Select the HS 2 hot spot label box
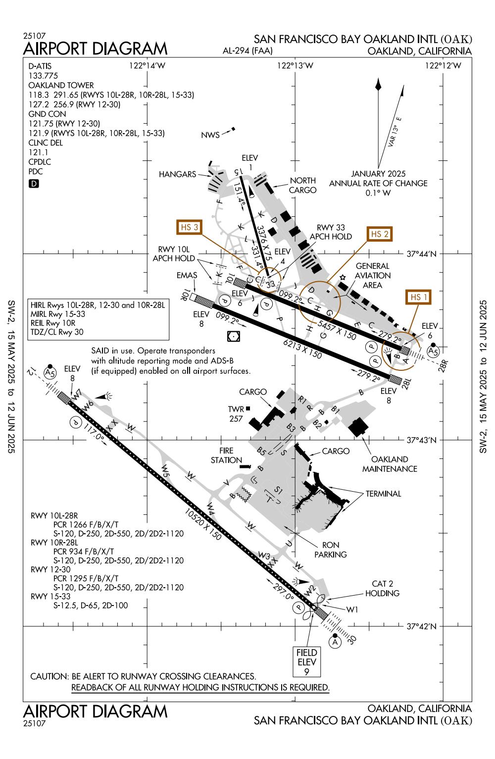pos(379,234)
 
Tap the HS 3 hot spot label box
pos(190,227)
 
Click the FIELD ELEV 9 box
pos(306,662)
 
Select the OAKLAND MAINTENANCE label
pos(390,464)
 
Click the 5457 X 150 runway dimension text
pos(337,331)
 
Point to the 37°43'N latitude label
pos(422,440)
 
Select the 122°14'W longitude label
pos(147,66)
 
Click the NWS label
pos(210,135)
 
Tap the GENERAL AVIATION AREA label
pos(373,275)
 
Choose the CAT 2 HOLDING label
pos(382,589)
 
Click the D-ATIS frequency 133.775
pos(44,76)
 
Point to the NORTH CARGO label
pos(303,186)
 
